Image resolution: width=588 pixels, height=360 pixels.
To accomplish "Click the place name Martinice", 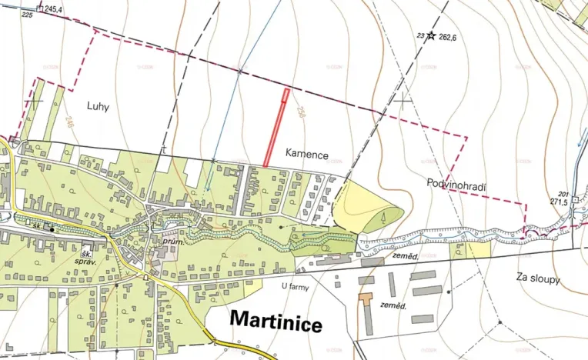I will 276,322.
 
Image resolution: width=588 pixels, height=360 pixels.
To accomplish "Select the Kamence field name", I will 307,155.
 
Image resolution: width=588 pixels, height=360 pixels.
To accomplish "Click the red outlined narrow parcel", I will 276,128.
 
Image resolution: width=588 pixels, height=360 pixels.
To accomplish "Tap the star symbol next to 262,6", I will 431,35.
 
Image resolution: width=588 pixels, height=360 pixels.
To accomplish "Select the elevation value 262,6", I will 448,36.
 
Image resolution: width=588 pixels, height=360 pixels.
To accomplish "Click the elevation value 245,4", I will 53,9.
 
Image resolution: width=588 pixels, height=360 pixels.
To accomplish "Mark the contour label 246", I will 70,120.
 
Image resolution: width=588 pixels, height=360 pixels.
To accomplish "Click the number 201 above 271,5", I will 563,193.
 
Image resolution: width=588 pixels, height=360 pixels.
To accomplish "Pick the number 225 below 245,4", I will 28,15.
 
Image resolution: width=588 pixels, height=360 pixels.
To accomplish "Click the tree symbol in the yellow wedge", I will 382,219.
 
